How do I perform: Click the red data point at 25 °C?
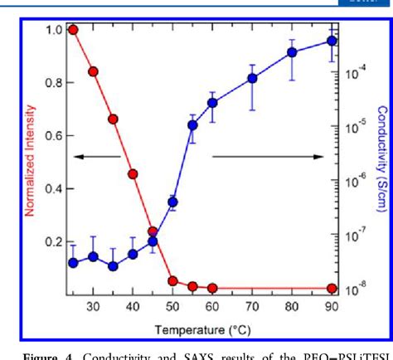[73, 30]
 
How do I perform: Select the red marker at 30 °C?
[93, 71]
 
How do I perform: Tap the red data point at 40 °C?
[133, 174]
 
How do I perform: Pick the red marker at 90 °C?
[332, 288]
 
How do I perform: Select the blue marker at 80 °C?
[292, 52]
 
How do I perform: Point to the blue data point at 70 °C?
[252, 79]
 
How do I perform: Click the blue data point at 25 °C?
[73, 262]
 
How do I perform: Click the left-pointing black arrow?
[98, 156]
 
